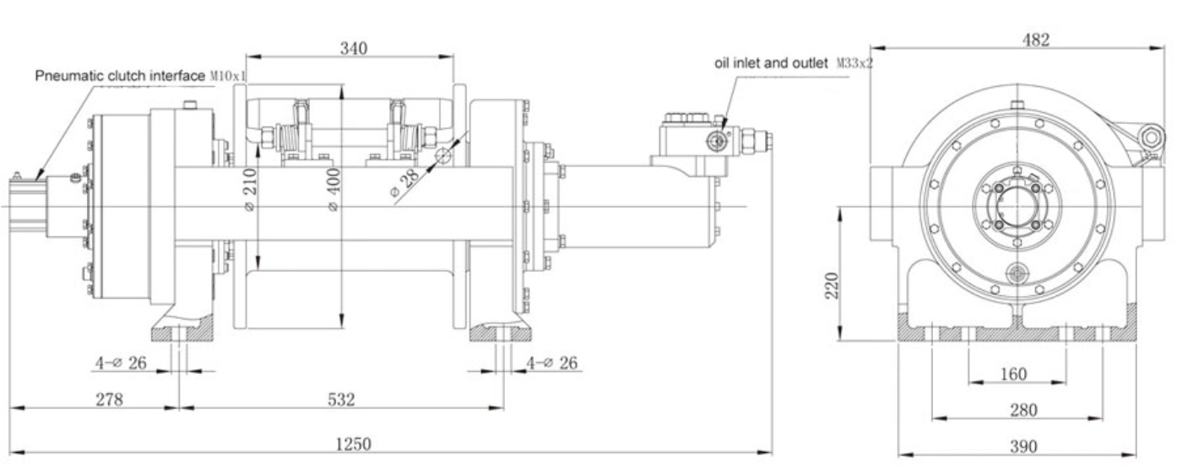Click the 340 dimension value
[353, 48]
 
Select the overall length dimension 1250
[354, 444]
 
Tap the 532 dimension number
[341, 399]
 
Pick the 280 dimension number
[1023, 410]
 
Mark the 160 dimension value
[1013, 374]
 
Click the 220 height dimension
[831, 288]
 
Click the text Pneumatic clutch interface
[120, 76]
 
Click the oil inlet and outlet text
[771, 63]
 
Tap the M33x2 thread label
[854, 63]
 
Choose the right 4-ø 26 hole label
[555, 364]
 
